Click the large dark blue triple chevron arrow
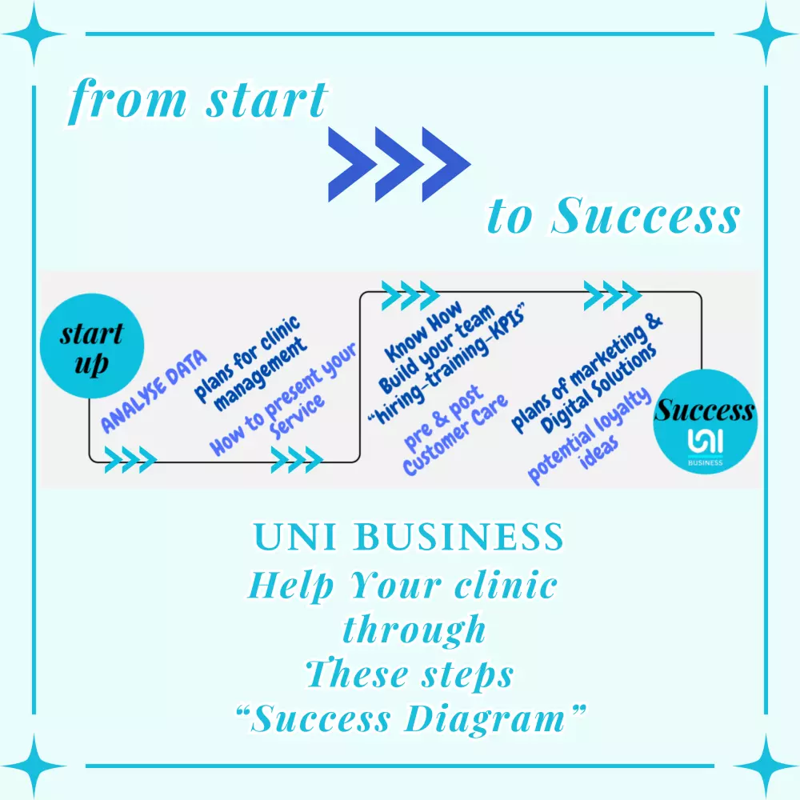pos(399,164)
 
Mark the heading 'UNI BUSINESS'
pos(408,537)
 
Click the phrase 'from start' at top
pos(198,102)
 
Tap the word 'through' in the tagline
pos(414,629)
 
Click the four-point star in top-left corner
pos(34,34)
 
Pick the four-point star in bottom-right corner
pos(766,766)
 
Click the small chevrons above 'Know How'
pos(409,294)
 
